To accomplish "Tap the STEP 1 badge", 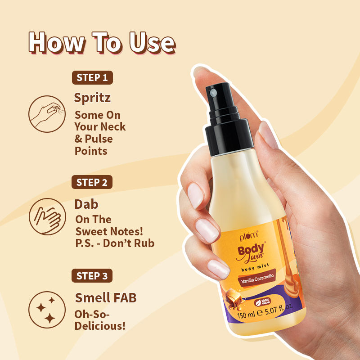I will pos(92,77).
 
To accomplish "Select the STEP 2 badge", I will pos(92,182).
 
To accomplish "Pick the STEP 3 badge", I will pos(92,276).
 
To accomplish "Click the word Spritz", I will pos(92,98).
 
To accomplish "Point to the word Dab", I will pos(86,204).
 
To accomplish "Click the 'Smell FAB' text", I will pos(105,297).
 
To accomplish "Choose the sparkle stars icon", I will pos(45,310).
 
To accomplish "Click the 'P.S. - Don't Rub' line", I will pos(114,243).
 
